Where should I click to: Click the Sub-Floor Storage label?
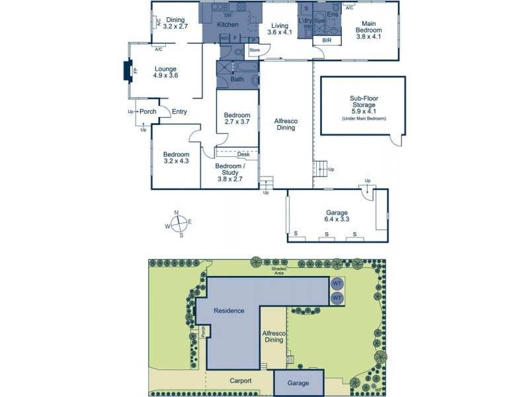[362, 105]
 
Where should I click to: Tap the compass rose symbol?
[177, 223]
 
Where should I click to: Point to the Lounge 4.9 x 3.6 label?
[166, 71]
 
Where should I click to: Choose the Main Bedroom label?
[368, 30]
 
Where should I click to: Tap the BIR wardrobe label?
[327, 40]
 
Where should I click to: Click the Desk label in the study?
[243, 154]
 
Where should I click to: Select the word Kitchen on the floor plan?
[228, 25]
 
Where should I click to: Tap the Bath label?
[236, 80]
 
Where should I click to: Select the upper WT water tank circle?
[337, 284]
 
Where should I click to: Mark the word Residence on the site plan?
[229, 310]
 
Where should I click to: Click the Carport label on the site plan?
[241, 381]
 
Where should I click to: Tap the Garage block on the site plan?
[299, 383]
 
